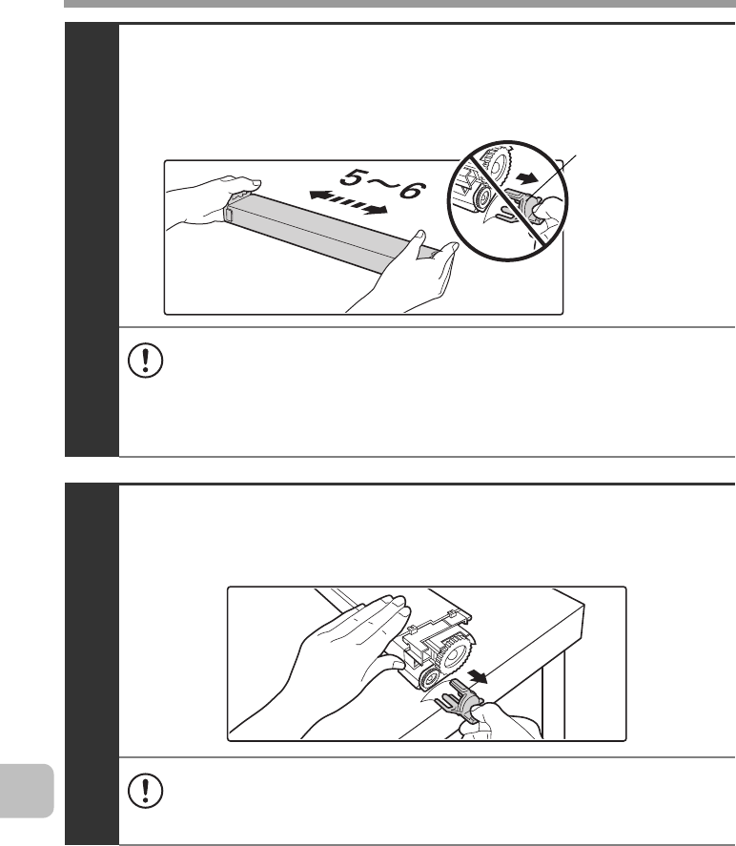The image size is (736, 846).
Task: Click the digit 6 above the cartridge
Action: coord(412,191)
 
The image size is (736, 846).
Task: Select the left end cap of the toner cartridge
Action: coord(229,212)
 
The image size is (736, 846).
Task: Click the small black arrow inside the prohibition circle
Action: coord(524,178)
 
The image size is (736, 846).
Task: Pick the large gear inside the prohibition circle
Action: coord(496,165)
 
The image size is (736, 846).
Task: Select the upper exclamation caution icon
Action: coord(146,360)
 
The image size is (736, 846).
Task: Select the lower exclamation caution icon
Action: coord(146,791)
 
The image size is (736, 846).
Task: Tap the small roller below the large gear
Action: coord(431,679)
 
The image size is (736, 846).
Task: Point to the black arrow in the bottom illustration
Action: coord(478,675)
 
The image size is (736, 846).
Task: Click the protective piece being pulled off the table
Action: coord(461,699)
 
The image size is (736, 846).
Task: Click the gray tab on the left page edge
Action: coord(27,791)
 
